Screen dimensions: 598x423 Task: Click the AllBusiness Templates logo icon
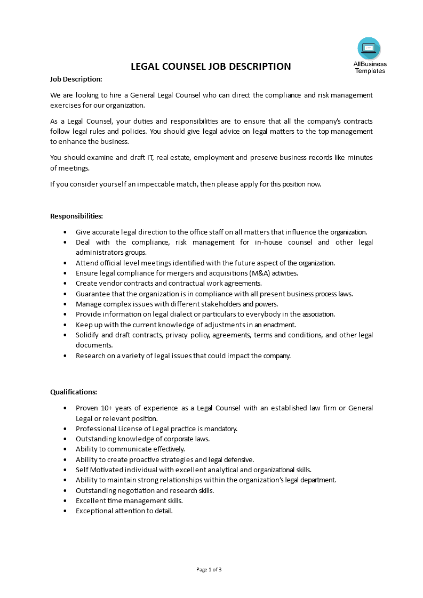click(369, 49)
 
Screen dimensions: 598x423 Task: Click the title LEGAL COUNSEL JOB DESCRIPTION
click(211, 67)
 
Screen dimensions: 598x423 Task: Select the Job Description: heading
click(76, 79)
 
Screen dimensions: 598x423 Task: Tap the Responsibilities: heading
click(76, 216)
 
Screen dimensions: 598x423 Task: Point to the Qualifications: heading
click(74, 392)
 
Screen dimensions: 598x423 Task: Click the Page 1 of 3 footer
click(209, 569)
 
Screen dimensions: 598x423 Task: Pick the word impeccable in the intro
click(153, 184)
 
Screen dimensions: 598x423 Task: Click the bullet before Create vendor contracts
click(65, 284)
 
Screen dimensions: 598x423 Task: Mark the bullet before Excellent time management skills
click(65, 501)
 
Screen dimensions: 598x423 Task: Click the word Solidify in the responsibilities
click(87, 335)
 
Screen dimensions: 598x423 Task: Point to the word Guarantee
click(92, 294)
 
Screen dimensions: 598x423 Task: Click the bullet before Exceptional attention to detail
click(65, 511)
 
